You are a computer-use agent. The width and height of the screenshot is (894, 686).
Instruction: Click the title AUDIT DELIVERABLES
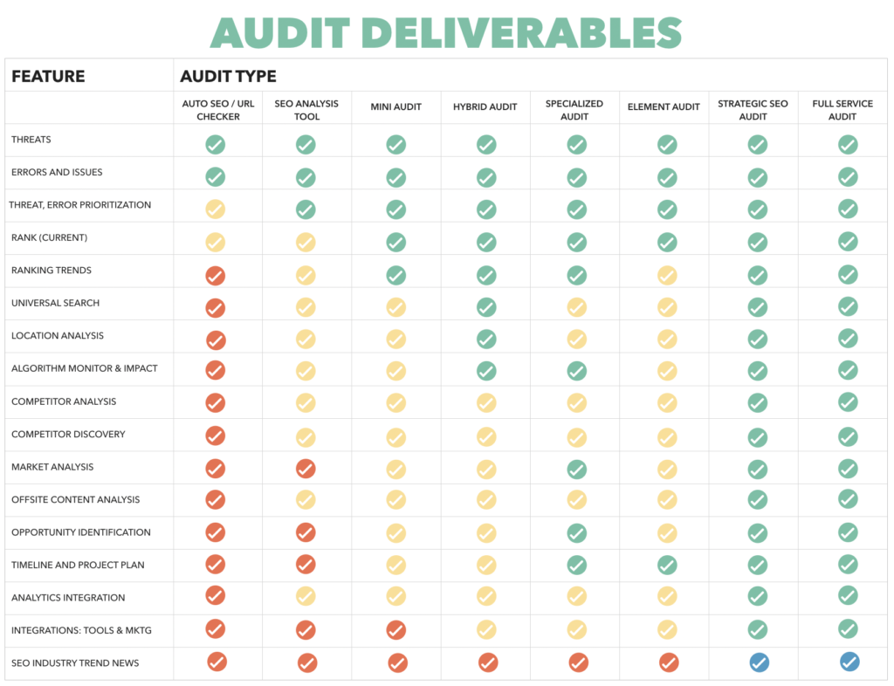click(x=446, y=33)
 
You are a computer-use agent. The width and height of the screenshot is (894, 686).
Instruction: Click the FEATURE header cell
click(x=48, y=76)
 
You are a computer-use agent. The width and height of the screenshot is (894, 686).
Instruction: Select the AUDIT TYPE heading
click(x=228, y=76)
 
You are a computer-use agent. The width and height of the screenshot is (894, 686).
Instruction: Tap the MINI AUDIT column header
click(x=395, y=107)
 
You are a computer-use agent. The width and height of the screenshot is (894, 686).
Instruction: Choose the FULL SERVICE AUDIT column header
click(x=842, y=109)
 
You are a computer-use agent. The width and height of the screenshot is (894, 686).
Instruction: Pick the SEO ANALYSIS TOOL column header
click(x=306, y=109)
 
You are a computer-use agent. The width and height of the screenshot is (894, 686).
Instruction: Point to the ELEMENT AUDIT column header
click(x=664, y=107)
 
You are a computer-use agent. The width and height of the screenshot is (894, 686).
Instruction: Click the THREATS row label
click(x=31, y=140)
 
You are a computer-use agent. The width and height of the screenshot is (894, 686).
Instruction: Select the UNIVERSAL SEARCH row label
click(x=55, y=303)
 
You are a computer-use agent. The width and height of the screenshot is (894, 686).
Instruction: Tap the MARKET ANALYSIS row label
click(x=52, y=467)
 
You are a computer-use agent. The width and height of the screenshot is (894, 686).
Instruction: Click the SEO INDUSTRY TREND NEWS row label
click(x=75, y=663)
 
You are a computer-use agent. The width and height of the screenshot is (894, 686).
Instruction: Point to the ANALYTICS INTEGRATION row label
click(x=68, y=598)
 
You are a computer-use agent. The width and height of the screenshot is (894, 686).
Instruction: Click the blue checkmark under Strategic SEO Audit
click(x=759, y=663)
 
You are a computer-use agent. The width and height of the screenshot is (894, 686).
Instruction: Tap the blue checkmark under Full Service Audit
click(x=849, y=662)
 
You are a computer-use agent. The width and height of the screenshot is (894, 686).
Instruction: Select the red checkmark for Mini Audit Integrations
click(x=396, y=630)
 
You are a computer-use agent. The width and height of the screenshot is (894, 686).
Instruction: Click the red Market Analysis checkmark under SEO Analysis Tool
click(x=306, y=469)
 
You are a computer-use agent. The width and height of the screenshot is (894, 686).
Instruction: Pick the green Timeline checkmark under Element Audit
click(x=667, y=565)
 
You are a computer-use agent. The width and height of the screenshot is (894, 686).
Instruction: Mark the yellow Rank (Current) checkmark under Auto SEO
click(x=215, y=243)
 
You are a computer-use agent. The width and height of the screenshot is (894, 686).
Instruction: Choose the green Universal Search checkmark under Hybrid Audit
click(x=486, y=307)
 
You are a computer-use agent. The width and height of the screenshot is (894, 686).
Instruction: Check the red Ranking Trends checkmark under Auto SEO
click(x=215, y=276)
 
